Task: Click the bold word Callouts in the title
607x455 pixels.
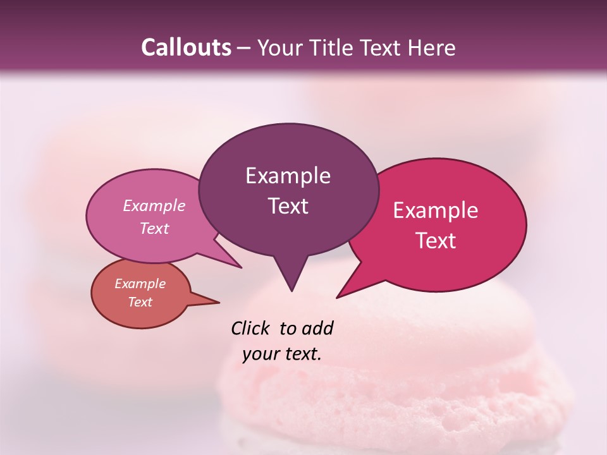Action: (x=186, y=47)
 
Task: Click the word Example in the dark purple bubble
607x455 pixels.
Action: (x=288, y=176)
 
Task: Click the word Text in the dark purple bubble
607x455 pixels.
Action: (x=288, y=206)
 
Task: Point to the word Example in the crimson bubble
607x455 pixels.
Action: (x=436, y=210)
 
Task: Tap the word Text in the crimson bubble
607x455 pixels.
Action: (x=436, y=241)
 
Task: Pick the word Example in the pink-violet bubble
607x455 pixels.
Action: (x=154, y=206)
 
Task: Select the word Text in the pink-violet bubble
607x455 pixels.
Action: (x=154, y=229)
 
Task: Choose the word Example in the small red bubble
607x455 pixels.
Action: (x=140, y=284)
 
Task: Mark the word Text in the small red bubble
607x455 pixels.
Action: (x=140, y=302)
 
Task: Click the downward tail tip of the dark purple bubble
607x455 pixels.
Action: (x=291, y=291)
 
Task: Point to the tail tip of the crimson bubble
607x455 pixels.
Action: (x=337, y=297)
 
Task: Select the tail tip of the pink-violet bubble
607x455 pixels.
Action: (x=241, y=267)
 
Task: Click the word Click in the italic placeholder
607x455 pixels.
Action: (x=252, y=329)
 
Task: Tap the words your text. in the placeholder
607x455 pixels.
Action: (x=281, y=354)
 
